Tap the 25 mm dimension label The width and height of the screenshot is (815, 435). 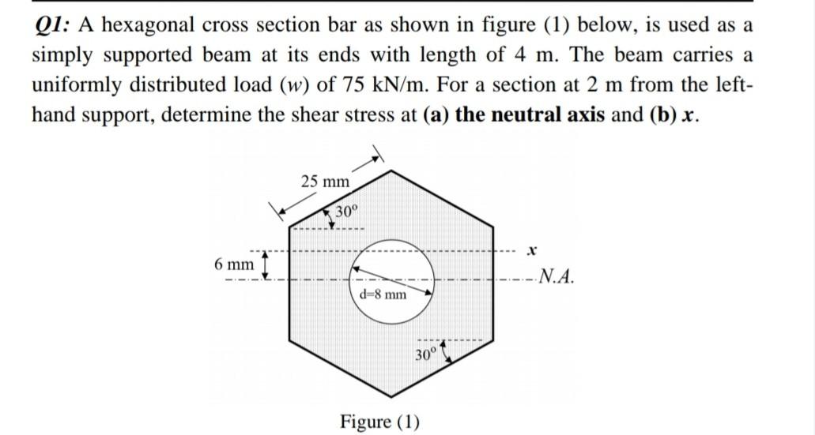325,182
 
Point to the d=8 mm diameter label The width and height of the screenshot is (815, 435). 383,294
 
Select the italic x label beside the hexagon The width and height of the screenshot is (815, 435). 533,250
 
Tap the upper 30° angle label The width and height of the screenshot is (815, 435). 347,211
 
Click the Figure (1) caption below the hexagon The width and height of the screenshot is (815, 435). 379,421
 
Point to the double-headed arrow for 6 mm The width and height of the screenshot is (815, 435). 265,264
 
